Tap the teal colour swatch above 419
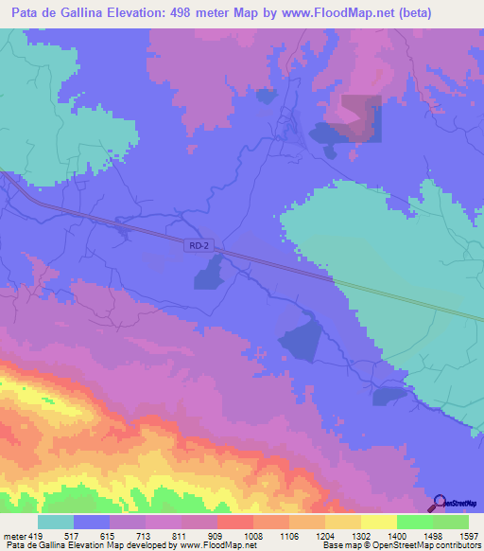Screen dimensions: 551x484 [x=56, y=522]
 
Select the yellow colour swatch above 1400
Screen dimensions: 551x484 [x=378, y=522]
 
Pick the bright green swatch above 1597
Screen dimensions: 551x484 [x=451, y=522]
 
